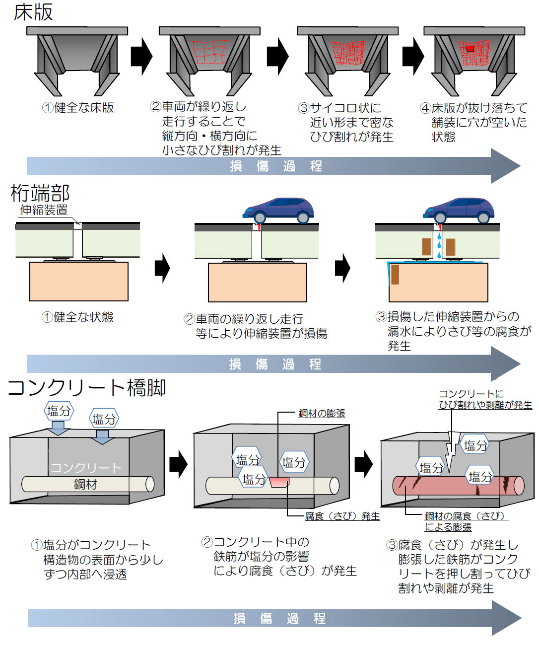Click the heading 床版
tap(33, 12)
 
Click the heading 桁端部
tap(40, 193)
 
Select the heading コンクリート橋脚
tap(86, 388)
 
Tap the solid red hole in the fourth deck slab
tap(470, 49)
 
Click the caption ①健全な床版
tap(78, 108)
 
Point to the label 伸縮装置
tap(44, 210)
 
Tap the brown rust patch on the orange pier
tap(395, 275)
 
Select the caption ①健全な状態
tap(77, 317)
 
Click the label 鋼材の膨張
tap(322, 414)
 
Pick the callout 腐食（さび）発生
tap(342, 516)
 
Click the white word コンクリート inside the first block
tap(85, 468)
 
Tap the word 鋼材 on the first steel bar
tap(85, 484)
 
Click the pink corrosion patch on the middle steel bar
tap(279, 482)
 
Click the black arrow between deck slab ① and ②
tap(141, 56)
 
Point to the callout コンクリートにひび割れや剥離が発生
tap(485, 399)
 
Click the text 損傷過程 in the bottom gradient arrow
tap(279, 619)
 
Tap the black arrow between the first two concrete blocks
tap(178, 464)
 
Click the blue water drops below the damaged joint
tap(439, 245)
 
